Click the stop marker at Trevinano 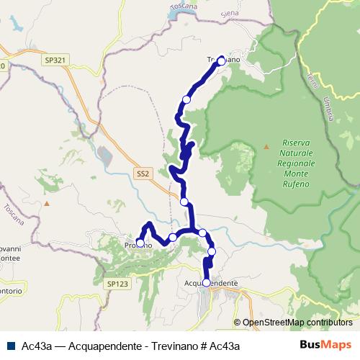pyautogui.click(x=221, y=60)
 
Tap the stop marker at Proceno pyautogui.click(x=140, y=243)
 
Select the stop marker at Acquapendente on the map pyautogui.click(x=207, y=283)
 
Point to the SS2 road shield pyautogui.click(x=143, y=174)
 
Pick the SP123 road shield pyautogui.click(x=117, y=284)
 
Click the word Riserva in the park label pyautogui.click(x=296, y=143)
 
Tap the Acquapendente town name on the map pyautogui.click(x=212, y=284)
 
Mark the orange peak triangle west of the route pyautogui.click(x=48, y=204)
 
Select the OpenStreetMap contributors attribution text pyautogui.click(x=297, y=323)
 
